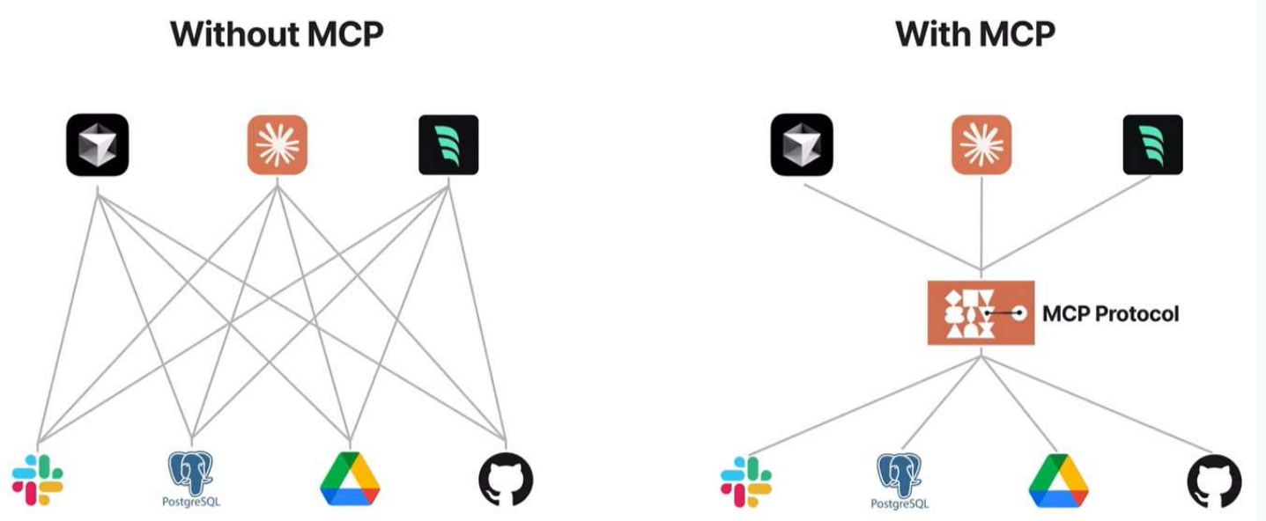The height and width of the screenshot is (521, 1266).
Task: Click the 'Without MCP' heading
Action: (x=277, y=34)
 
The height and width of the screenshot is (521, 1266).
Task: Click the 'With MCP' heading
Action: (x=974, y=34)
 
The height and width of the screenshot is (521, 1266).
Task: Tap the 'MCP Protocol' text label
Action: (x=1110, y=314)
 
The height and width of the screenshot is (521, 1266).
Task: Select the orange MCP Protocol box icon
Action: (x=980, y=312)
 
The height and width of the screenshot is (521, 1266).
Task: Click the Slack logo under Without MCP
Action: (x=38, y=481)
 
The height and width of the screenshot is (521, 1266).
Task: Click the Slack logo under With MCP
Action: (x=746, y=481)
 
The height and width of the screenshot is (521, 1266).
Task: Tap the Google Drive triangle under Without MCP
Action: (x=350, y=480)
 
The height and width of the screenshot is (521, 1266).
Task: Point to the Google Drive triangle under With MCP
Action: (x=1058, y=481)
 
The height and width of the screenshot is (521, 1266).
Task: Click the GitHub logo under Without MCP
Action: (x=506, y=481)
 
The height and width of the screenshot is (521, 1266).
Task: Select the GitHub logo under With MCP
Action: (x=1214, y=482)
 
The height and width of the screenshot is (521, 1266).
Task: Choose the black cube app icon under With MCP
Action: (x=803, y=143)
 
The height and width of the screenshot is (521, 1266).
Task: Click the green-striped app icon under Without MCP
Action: (x=448, y=144)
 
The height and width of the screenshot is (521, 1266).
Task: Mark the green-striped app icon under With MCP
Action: (x=1153, y=144)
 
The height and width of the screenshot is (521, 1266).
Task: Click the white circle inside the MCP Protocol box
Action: (x=1019, y=312)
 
